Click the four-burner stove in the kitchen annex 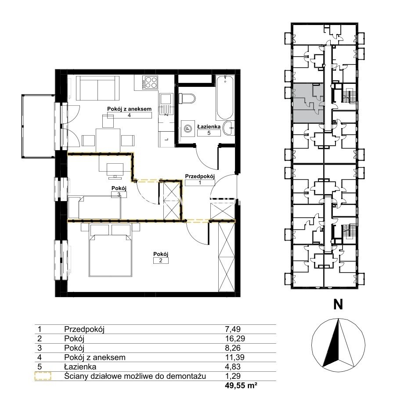[151, 83]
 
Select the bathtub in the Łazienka [225, 97]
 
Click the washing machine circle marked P [188, 128]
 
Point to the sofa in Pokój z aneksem [97, 88]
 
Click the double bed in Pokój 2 [110, 255]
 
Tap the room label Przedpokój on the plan [200, 176]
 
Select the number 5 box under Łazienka [209, 133]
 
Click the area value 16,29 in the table [235, 338]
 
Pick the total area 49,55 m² [241, 385]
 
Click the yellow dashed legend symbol [43, 376]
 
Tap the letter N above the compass [338, 305]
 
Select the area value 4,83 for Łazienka [233, 367]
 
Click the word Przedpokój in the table [84, 329]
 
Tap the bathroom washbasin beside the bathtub [229, 128]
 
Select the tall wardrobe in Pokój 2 [226, 257]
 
